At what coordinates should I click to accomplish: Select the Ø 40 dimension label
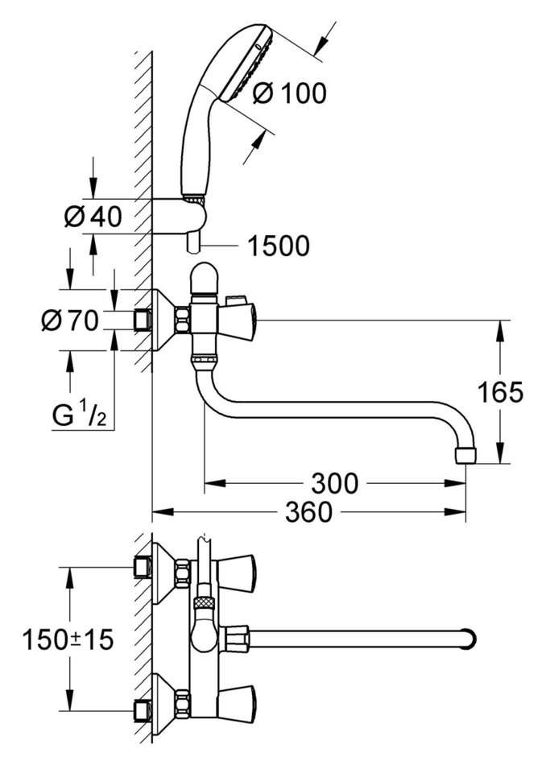click(x=93, y=217)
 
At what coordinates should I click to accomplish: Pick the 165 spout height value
click(x=500, y=392)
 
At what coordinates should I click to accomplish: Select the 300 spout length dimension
click(x=333, y=483)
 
